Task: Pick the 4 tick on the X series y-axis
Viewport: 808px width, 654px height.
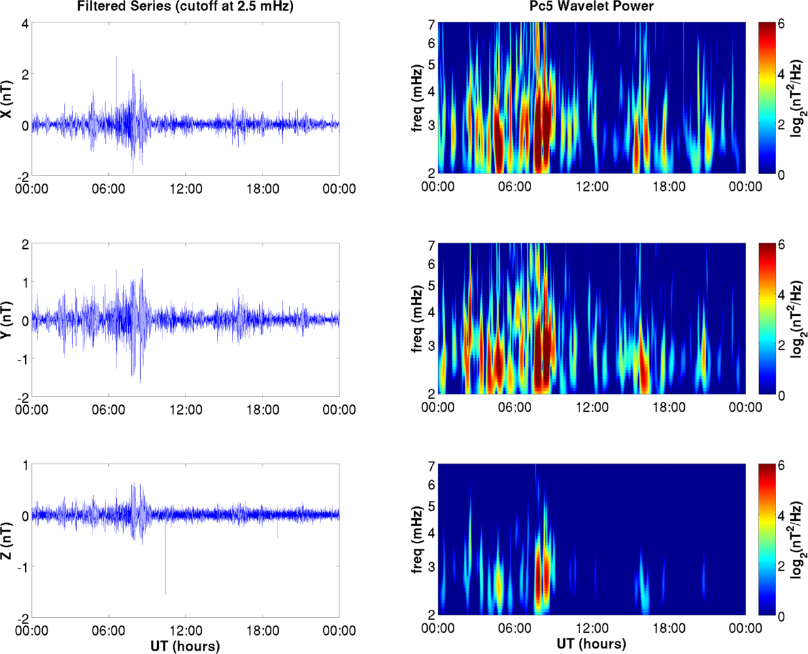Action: point(24,23)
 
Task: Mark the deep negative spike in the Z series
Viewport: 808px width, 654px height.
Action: point(165,593)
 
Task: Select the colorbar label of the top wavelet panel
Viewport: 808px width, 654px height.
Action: point(797,99)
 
